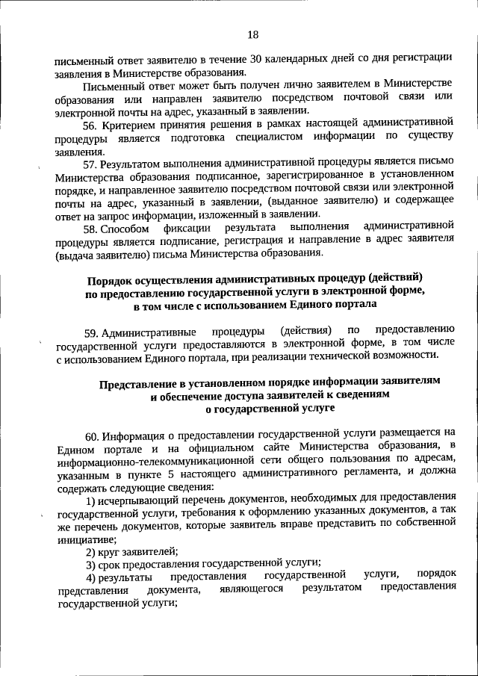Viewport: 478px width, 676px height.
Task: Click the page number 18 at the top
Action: pyautogui.click(x=252, y=34)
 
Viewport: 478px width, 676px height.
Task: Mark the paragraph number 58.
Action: pyautogui.click(x=90, y=227)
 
